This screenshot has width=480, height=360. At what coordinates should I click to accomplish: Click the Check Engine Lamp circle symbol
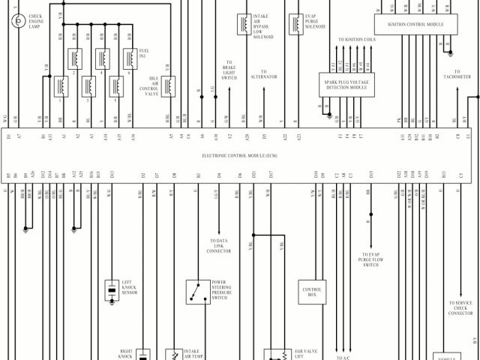pos(16,20)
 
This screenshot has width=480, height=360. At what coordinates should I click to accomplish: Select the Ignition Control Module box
pos(415,24)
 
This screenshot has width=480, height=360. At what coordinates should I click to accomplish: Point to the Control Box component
pos(312,291)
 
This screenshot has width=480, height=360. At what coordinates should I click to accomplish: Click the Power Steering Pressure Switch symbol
pos(198,291)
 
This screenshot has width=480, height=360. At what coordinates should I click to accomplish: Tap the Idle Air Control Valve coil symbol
pos(169,86)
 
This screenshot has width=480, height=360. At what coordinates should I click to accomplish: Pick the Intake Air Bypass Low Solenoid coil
pos(244,24)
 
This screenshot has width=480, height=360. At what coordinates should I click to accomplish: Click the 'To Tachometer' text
pos(457,75)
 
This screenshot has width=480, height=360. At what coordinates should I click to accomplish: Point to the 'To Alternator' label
pos(264,74)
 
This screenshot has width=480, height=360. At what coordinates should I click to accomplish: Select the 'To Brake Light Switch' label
pos(229,70)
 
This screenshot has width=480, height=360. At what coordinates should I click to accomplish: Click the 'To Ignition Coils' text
pos(355,39)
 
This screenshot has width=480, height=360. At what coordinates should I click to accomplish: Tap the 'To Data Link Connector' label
pos(219,246)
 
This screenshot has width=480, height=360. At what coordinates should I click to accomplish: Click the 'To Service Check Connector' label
pos(460,307)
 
